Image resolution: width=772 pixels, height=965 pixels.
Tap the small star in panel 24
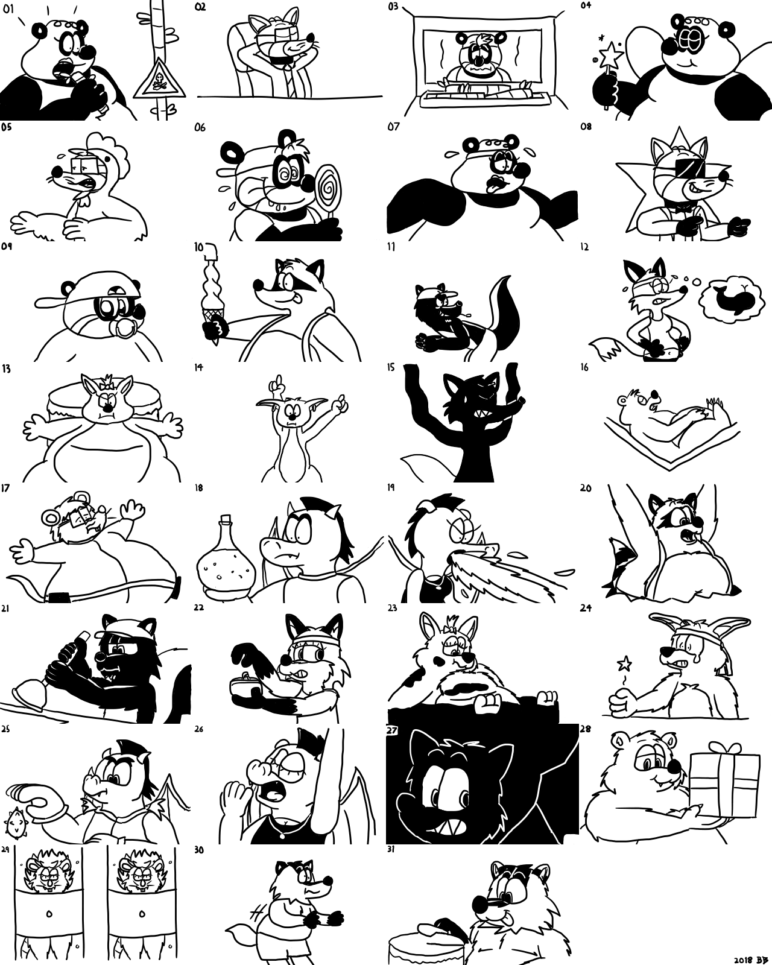tap(624, 662)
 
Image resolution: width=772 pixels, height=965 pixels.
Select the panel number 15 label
tap(391, 367)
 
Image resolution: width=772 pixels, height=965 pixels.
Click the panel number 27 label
tap(392, 730)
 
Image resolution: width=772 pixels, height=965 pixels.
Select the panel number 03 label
tap(393, 6)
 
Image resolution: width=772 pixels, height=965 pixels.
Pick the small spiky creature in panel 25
tap(15, 824)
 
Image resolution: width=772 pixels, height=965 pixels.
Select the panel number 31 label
tap(391, 849)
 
